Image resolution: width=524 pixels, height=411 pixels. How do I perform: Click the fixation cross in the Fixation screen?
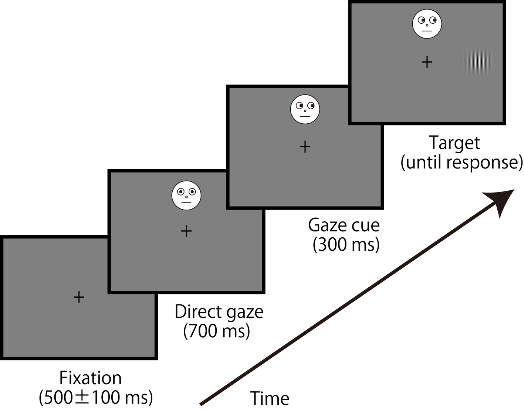click(79, 297)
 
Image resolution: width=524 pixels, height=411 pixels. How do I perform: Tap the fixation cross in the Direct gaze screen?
click(186, 231)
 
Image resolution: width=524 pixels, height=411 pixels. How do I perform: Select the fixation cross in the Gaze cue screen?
click(305, 147)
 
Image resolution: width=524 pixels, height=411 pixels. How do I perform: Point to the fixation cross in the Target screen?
click(427, 62)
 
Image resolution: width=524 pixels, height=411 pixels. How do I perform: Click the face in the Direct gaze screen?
click(186, 196)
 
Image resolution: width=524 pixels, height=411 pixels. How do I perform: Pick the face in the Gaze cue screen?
click(305, 109)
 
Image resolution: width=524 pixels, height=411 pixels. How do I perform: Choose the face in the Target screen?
click(427, 24)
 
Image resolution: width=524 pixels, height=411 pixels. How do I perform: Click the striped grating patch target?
click(478, 62)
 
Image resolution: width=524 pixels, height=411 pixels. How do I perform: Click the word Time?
click(270, 399)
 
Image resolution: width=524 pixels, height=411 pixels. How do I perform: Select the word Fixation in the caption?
click(90, 378)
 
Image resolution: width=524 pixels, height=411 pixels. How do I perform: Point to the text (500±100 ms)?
click(96, 397)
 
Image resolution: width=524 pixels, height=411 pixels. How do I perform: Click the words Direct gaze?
click(219, 312)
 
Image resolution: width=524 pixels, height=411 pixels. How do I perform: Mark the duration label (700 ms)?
click(217, 331)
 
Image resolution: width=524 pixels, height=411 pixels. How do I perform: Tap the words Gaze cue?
click(344, 225)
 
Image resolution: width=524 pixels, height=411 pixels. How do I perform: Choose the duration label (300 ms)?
click(346, 244)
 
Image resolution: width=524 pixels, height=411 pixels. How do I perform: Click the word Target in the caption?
click(454, 143)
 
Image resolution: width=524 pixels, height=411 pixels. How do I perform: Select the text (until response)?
click(462, 162)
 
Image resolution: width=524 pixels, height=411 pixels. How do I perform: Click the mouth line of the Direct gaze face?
click(186, 203)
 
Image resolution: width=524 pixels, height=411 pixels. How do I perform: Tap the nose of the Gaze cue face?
click(305, 111)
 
